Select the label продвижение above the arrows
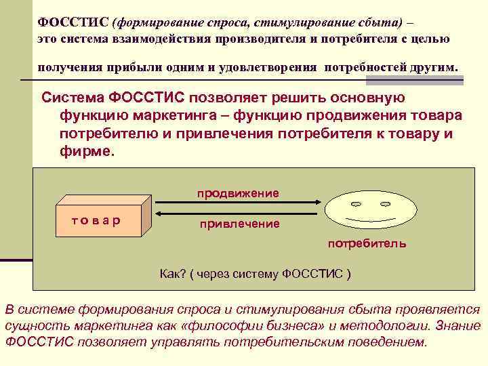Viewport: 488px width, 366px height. [238, 193]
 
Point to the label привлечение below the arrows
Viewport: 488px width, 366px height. [239, 224]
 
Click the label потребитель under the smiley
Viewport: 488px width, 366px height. [367, 243]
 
